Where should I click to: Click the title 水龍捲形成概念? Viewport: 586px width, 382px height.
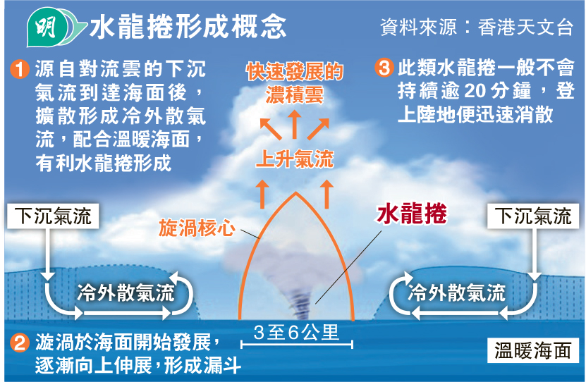[188, 27]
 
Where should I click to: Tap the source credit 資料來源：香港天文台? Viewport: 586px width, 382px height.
[477, 27]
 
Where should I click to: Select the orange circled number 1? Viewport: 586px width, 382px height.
[20, 69]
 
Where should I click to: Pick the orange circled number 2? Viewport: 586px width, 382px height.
[20, 342]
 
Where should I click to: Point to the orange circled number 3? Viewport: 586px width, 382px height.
[384, 68]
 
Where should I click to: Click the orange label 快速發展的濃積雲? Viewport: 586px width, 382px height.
[295, 83]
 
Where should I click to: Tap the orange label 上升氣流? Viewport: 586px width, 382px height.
[295, 159]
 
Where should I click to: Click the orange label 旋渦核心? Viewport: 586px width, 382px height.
[197, 228]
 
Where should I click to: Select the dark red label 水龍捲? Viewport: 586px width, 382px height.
[412, 214]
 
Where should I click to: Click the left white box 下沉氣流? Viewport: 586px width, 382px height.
[53, 216]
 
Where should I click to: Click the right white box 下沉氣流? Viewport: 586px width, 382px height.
[533, 216]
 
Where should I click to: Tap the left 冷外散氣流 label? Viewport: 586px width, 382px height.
[126, 292]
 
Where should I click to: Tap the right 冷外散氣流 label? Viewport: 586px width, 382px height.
[457, 292]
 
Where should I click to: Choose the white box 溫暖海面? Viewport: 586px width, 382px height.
[533, 350]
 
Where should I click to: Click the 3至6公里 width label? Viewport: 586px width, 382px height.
[296, 332]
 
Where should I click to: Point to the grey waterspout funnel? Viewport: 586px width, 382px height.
[299, 295]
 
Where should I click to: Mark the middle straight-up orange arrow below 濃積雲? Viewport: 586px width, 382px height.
[295, 124]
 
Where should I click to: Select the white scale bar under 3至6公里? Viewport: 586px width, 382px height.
[297, 344]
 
